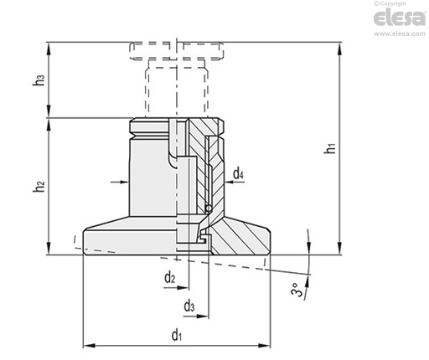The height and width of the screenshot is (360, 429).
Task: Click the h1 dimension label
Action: [x=330, y=147]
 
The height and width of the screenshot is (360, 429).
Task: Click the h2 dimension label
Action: [x=39, y=186]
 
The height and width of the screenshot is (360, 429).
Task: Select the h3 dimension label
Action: [x=39, y=80]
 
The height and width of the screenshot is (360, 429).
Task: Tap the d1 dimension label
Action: [x=177, y=334]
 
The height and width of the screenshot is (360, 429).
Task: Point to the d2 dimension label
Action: [x=170, y=278]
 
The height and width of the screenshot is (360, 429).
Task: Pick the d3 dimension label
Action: [x=189, y=306]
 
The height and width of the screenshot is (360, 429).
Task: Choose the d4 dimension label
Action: [x=238, y=174]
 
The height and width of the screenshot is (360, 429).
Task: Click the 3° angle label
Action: [x=297, y=290]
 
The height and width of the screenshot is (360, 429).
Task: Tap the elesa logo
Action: [x=399, y=18]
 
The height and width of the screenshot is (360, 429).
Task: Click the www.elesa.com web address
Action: [x=400, y=33]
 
